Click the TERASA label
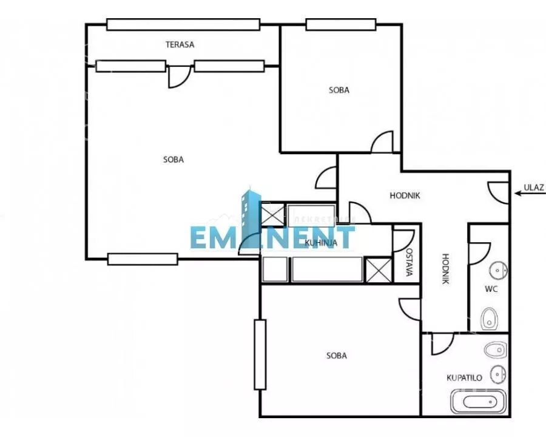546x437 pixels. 180,44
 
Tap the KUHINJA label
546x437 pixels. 321,243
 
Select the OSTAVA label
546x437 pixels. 410,262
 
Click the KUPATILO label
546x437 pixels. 464,378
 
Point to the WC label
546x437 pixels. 491,289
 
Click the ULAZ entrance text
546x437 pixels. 533,188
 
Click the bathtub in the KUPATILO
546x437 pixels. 478,401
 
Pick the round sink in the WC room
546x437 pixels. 498,271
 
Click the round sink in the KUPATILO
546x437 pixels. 498,374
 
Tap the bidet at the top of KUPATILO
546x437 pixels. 495,350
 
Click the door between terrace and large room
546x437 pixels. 180,76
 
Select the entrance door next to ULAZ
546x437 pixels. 499,193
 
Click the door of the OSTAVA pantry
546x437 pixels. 403,240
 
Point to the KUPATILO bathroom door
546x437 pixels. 443,344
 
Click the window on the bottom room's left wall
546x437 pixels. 260,354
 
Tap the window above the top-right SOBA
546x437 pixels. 341,24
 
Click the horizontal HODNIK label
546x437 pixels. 405,195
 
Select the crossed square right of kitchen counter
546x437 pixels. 379,269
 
